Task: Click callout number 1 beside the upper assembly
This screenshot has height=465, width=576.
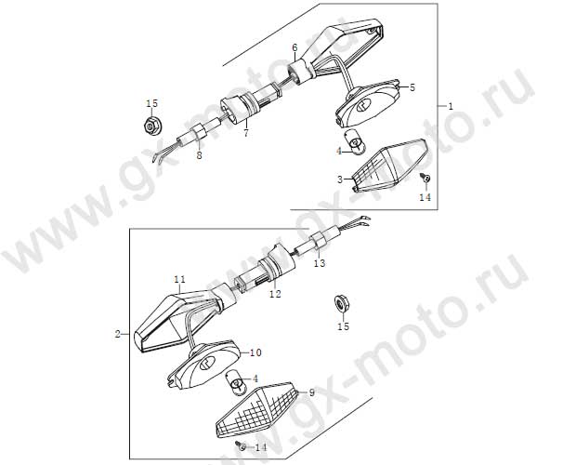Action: pyautogui.click(x=451, y=107)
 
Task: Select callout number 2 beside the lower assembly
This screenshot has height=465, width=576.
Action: pyautogui.click(x=118, y=334)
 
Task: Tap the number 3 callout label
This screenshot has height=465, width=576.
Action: pyautogui.click(x=340, y=179)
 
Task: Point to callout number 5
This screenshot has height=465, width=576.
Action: pyautogui.click(x=412, y=87)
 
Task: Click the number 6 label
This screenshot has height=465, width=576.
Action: pyautogui.click(x=295, y=47)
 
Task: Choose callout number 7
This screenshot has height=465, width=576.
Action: pyautogui.click(x=246, y=133)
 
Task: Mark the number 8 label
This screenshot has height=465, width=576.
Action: pyautogui.click(x=199, y=155)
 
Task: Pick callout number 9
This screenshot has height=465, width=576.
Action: pyautogui.click(x=312, y=392)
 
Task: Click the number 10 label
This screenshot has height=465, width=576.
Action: pyautogui.click(x=255, y=352)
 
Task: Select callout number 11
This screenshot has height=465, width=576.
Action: pyautogui.click(x=180, y=280)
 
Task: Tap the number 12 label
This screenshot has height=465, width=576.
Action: pyautogui.click(x=275, y=294)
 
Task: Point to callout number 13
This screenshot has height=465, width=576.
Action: pyautogui.click(x=320, y=263)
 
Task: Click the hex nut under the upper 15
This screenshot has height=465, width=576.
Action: pyautogui.click(x=151, y=126)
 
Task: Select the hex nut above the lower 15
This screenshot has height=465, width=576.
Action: pyautogui.click(x=342, y=303)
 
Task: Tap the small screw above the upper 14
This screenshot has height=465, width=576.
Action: pyautogui.click(x=426, y=178)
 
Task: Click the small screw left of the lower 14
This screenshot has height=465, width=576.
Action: pyautogui.click(x=241, y=445)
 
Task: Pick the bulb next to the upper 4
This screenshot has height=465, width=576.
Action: pyautogui.click(x=355, y=142)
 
